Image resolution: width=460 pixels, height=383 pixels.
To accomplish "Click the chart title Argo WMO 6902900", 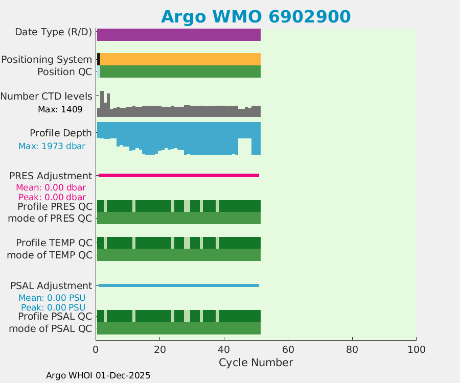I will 256,17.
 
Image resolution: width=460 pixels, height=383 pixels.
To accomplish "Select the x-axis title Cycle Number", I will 256,363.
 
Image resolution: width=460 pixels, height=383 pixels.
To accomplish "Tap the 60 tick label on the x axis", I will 288,349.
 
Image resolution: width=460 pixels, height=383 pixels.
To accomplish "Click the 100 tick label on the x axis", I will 416,349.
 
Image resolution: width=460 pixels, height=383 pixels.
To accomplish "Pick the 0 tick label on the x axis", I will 96,349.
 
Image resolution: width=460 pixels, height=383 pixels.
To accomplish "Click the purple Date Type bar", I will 179,35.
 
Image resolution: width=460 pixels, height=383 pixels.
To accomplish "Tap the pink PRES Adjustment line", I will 179,175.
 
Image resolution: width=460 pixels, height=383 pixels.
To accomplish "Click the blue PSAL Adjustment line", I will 179,285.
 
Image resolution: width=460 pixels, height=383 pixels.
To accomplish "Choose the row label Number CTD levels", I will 47,96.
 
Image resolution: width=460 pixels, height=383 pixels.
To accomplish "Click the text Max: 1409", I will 60,109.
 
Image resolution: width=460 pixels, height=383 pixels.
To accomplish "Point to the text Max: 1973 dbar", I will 52,146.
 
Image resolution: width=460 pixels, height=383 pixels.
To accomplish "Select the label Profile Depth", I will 61,133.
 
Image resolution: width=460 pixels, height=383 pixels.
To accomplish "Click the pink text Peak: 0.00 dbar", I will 52,197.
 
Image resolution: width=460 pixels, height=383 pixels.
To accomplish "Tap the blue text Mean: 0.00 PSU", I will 52,298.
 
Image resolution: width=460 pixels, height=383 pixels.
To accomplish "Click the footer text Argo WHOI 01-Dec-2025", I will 98,375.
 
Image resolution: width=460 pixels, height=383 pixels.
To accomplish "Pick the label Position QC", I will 64,71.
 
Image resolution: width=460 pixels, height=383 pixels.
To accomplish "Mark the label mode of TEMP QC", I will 50,254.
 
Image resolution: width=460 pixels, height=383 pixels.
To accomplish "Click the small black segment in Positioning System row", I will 99,59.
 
